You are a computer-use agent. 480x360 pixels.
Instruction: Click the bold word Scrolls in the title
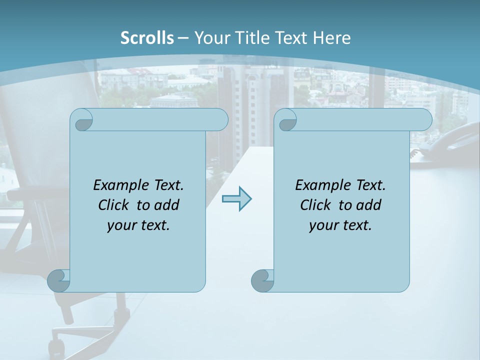click(x=147, y=38)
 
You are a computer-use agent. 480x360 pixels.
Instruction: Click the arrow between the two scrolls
click(x=236, y=199)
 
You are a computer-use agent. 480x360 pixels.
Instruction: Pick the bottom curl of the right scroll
click(x=262, y=280)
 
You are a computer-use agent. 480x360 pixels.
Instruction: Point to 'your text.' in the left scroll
click(x=138, y=225)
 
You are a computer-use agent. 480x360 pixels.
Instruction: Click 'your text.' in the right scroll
click(x=340, y=225)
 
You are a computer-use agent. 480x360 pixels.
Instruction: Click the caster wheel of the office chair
click(x=55, y=346)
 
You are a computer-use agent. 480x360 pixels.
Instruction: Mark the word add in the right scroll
click(x=369, y=205)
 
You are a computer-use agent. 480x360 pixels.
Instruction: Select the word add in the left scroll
click(x=167, y=205)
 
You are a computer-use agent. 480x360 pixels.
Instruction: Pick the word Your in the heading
click(x=210, y=38)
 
